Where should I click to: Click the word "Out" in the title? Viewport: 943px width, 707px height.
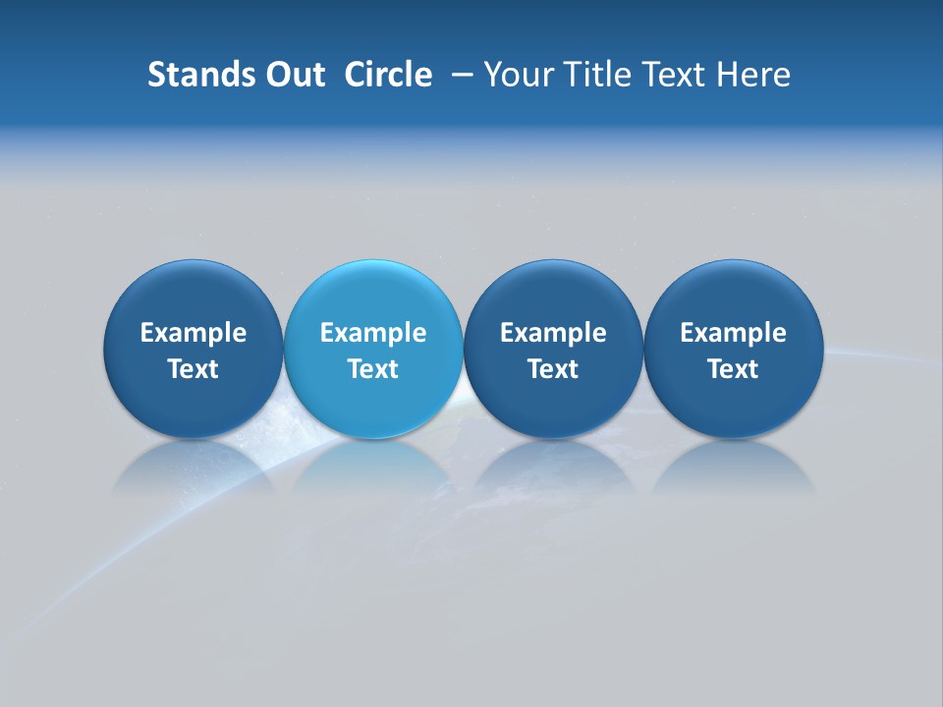292,75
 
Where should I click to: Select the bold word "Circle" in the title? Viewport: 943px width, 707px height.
388,75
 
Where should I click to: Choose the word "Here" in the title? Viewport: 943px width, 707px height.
754,75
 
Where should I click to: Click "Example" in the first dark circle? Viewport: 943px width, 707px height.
194,333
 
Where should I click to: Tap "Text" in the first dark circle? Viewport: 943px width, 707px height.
194,369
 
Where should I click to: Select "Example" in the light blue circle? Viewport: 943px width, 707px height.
373,333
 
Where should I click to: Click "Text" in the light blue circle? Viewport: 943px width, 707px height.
373,369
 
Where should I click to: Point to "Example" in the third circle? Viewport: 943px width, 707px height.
553,333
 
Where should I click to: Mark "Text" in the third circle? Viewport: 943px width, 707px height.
553,369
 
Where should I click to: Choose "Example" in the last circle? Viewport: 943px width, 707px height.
733,333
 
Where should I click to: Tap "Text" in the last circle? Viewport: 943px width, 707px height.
733,369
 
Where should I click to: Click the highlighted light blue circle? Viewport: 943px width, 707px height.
373,295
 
